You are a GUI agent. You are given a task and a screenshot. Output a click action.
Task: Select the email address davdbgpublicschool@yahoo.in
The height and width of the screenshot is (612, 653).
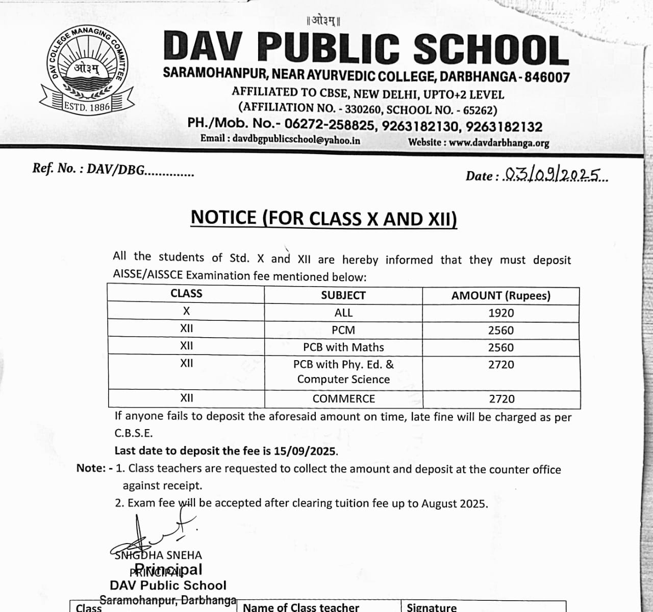click(296, 139)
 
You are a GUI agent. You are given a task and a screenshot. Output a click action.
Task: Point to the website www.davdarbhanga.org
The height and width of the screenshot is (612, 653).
click(499, 143)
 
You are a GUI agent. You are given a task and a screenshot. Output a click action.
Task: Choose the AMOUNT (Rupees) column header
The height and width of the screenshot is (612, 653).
click(500, 296)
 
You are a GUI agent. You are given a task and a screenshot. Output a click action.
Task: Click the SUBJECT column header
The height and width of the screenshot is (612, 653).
click(343, 295)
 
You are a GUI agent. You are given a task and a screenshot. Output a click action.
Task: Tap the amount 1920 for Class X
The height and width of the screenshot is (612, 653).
click(501, 313)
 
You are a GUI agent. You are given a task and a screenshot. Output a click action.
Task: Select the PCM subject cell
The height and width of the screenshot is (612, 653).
click(343, 330)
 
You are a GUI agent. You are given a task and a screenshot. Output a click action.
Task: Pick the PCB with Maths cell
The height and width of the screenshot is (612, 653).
click(343, 347)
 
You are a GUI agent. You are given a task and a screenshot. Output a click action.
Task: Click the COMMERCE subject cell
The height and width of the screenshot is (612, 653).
click(343, 399)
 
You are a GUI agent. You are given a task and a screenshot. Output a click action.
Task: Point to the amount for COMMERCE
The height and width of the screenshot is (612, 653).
click(501, 399)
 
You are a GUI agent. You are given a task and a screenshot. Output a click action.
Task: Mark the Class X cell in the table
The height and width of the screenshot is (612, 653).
click(186, 311)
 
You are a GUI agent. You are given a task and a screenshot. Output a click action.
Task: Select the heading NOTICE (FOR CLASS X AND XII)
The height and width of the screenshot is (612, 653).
click(324, 218)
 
